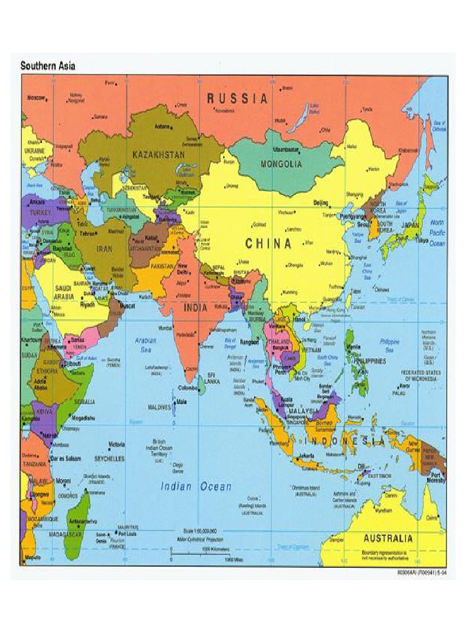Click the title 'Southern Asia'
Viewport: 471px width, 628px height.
48,65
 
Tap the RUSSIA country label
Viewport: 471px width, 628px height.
237,98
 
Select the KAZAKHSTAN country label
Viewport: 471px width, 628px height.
158,155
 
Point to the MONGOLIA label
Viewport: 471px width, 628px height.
281,164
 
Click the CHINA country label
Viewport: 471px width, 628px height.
269,243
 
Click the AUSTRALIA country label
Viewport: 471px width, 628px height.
388,538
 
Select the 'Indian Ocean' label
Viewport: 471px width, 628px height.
196,486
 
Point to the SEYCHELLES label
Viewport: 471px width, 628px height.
109,458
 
